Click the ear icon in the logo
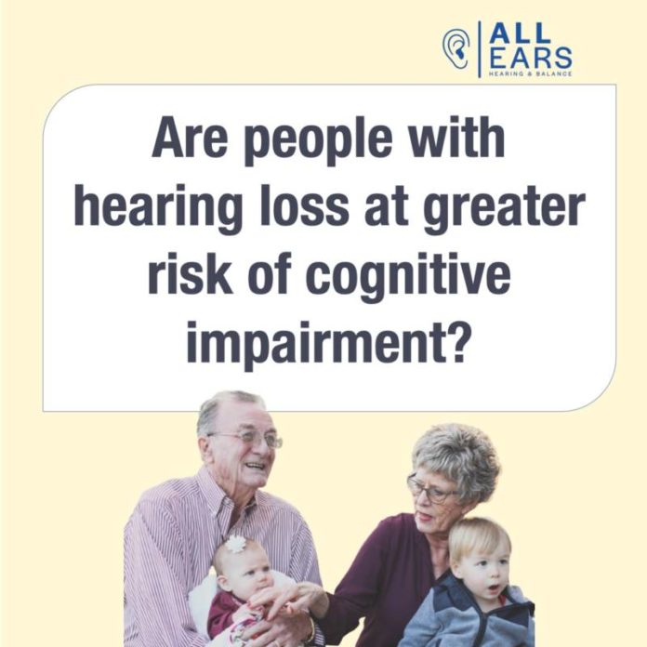point(456,48)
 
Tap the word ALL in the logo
point(520,33)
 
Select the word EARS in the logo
point(531,58)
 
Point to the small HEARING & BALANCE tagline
point(531,74)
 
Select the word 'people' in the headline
point(319,139)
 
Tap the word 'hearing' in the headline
point(158,208)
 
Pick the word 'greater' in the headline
point(504,209)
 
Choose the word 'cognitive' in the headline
point(408,277)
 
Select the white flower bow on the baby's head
point(235,544)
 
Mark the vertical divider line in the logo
point(479,49)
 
